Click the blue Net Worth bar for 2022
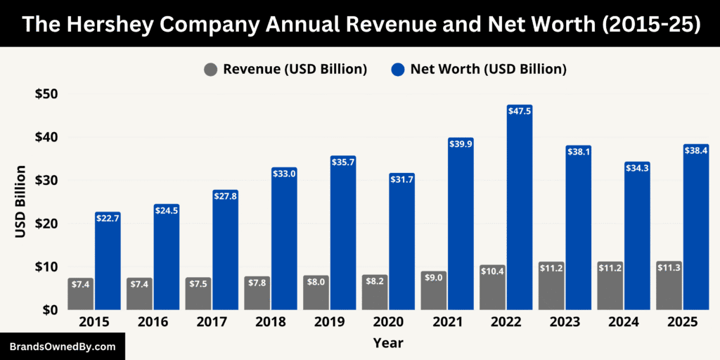point(520,211)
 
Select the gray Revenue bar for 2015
point(81,295)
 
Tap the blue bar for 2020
point(402,246)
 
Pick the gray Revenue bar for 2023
point(551,288)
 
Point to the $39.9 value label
point(461,143)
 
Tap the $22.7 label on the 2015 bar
point(108,217)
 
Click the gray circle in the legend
point(211,70)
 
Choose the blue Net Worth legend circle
point(398,70)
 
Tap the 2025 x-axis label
point(683,322)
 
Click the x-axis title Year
point(389,343)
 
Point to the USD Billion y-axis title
point(20,202)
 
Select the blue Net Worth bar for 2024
point(637,239)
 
